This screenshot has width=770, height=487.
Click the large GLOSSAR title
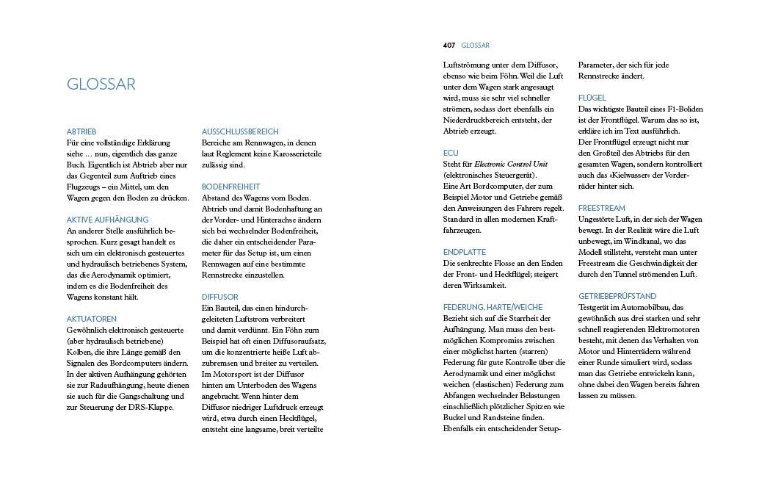[101, 84]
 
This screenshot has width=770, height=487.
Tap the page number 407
[449, 46]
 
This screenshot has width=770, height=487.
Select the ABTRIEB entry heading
[81, 131]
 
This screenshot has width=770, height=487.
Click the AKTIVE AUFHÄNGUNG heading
[107, 220]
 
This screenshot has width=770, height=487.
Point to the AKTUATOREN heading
[92, 319]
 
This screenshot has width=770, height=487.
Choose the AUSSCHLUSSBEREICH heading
[240, 131]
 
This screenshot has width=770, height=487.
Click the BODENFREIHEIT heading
[230, 187]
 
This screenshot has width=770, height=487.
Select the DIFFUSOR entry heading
[219, 297]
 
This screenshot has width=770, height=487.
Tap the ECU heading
[451, 153]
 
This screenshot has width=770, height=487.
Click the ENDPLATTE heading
[464, 252]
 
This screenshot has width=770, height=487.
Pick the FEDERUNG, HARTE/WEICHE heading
[493, 307]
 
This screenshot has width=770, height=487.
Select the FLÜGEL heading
[592, 98]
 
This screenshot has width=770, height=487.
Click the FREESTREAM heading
[601, 209]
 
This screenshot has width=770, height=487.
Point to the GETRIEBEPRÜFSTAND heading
[617, 297]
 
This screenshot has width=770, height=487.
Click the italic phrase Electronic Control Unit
[511, 165]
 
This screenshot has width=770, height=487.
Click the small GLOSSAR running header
[475, 46]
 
